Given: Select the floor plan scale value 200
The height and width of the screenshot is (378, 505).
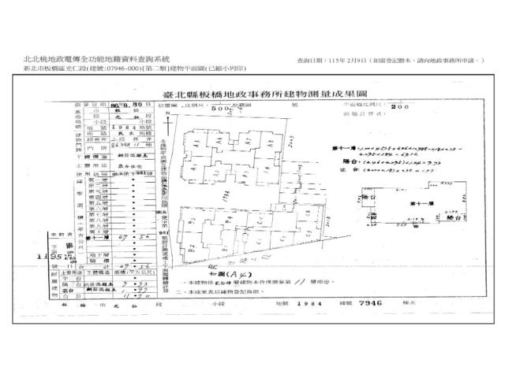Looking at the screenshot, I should (405, 106).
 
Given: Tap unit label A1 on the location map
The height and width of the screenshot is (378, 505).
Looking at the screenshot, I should (195, 135).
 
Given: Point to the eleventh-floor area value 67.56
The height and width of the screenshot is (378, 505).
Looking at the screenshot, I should (143, 235).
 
